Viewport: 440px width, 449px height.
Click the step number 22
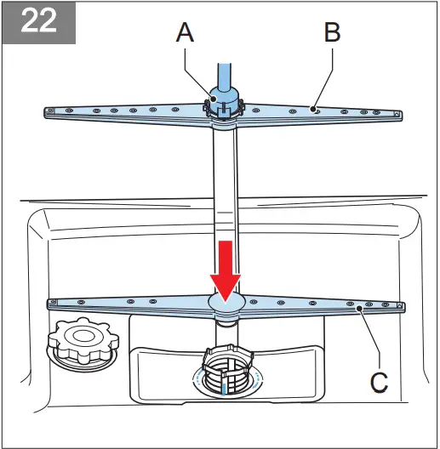38,22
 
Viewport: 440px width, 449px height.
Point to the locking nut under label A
223,106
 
